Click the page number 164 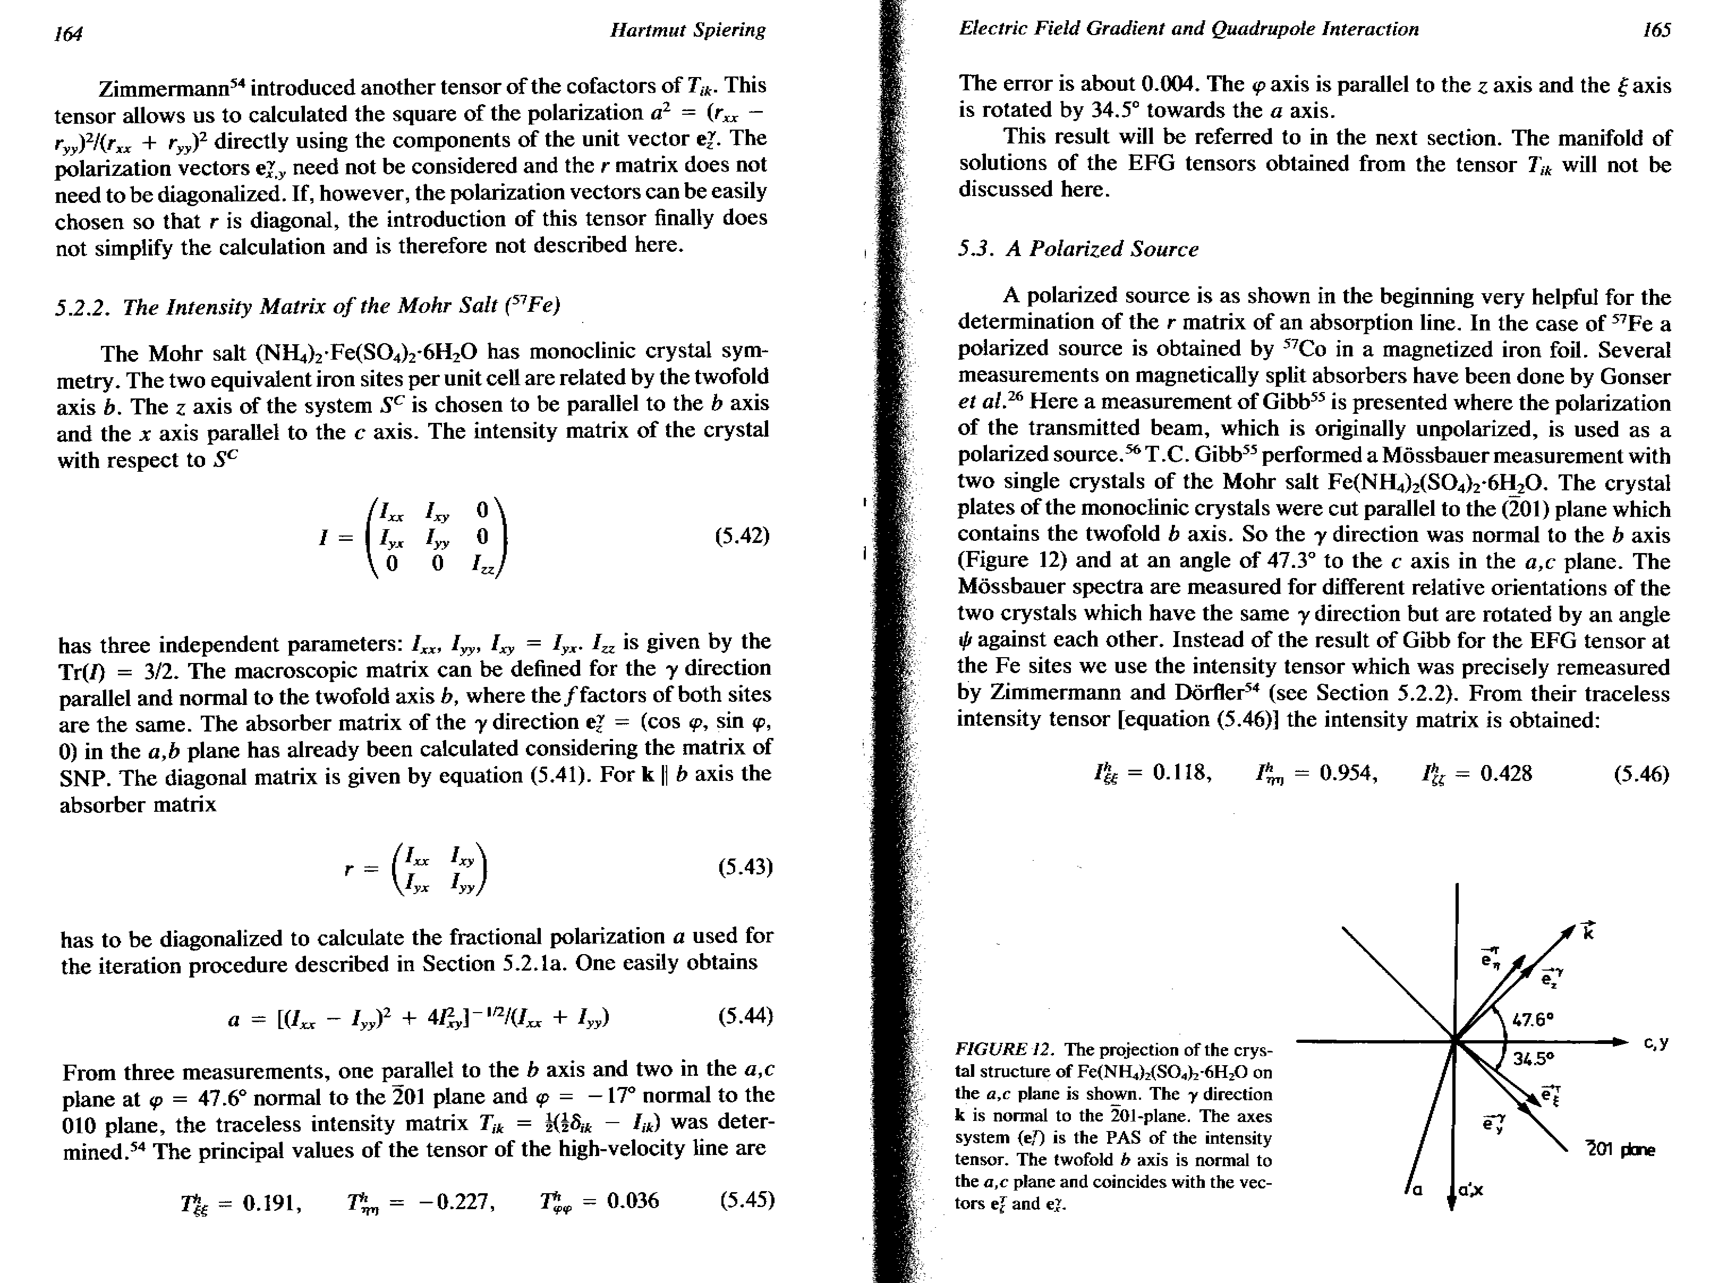pos(69,33)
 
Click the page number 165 pos(1656,30)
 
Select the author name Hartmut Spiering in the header pos(687,30)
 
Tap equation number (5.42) pos(742,536)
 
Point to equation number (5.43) pos(745,866)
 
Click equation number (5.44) pos(745,1016)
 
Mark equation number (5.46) pos(1641,774)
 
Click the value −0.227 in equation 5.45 pos(457,1202)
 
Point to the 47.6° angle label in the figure pos(1533,1018)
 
